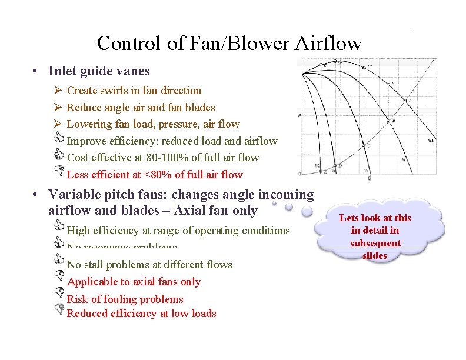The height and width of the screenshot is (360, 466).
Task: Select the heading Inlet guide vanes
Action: [99, 71]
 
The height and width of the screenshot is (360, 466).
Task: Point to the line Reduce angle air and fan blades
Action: [141, 108]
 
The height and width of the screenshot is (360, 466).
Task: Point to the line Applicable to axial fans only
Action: [134, 282]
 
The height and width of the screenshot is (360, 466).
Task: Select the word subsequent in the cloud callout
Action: [375, 243]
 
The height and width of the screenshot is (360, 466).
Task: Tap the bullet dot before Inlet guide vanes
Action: [36, 72]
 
